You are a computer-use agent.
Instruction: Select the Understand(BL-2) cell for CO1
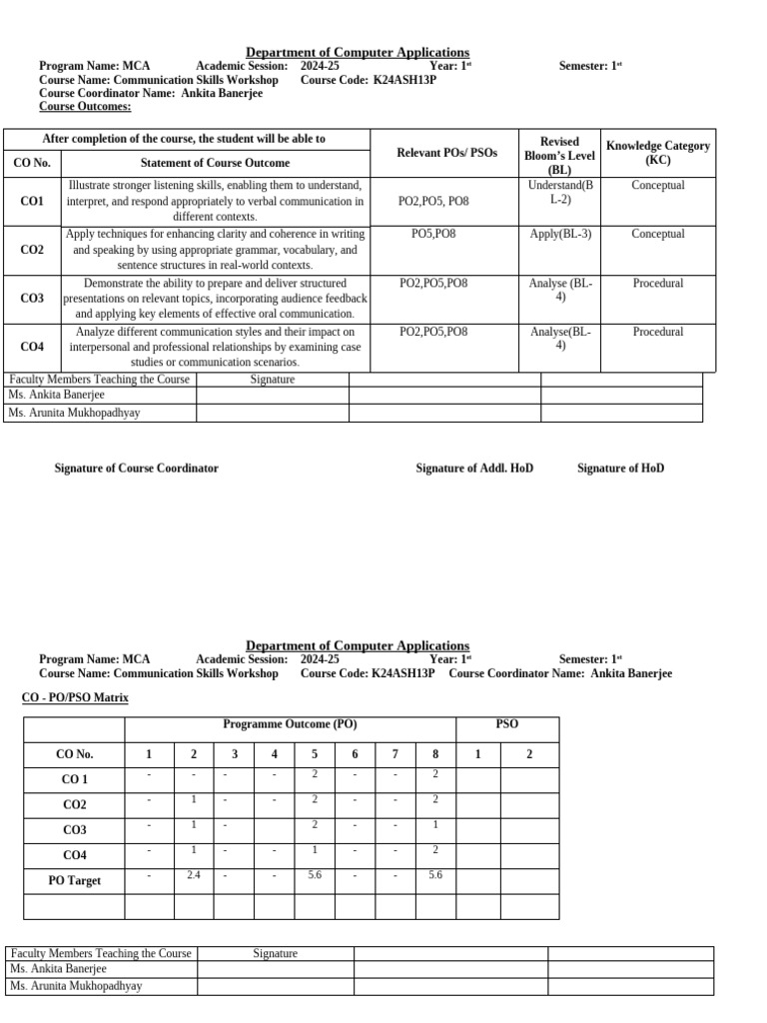coord(560,192)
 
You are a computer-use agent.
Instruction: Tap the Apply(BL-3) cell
coord(560,234)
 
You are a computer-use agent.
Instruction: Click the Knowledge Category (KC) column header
coord(658,153)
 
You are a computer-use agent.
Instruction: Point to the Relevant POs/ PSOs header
coord(446,153)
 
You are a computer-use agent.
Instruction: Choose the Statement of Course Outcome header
coord(216,163)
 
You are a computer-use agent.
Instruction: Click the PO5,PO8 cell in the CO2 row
coord(433,234)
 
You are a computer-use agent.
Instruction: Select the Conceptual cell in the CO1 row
coord(658,185)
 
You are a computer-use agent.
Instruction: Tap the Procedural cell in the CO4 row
coord(658,332)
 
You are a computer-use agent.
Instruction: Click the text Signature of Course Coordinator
coord(136,468)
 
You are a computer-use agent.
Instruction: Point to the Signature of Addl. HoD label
coord(474,468)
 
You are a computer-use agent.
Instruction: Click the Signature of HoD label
coord(620,468)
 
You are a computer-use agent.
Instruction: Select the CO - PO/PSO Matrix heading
coord(75,697)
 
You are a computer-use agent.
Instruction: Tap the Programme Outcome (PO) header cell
coord(290,724)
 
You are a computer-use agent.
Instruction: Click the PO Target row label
coord(75,881)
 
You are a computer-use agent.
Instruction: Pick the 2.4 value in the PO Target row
coord(194,874)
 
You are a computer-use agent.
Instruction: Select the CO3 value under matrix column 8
coord(434,824)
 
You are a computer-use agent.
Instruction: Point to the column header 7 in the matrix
coord(394,754)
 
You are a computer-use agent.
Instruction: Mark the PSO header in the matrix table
coord(507,724)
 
